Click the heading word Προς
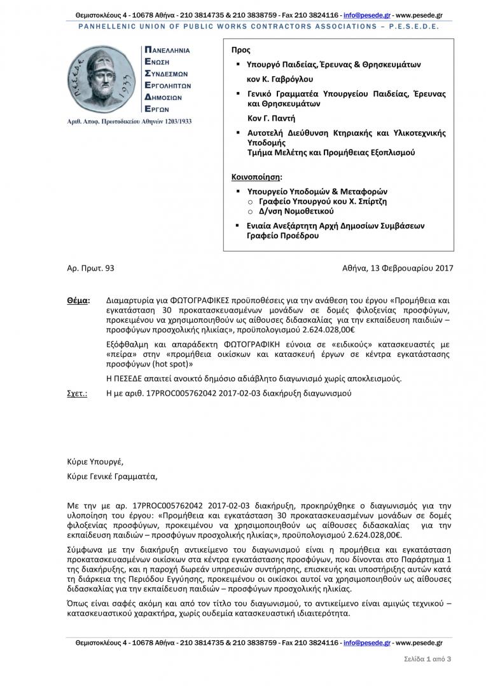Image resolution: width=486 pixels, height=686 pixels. click(241, 50)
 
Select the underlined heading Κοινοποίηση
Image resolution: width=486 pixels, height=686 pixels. click(254, 177)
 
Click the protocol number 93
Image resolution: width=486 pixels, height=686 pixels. click(109, 269)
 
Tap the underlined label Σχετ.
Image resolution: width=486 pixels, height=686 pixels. click(77, 394)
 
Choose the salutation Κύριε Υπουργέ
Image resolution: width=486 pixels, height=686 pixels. click(95, 462)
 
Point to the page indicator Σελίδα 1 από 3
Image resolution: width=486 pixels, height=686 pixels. click(427, 659)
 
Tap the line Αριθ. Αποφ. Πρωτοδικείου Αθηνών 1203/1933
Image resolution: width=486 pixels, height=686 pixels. click(129, 121)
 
